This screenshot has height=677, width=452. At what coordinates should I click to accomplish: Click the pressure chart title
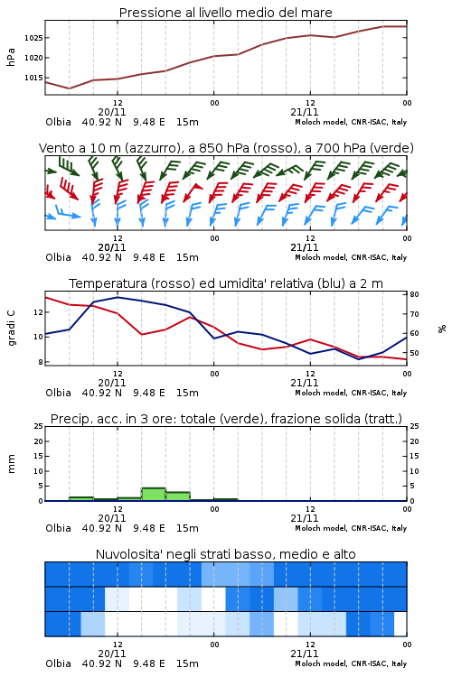[225, 13]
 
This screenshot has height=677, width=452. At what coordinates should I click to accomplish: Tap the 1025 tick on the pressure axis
[33, 38]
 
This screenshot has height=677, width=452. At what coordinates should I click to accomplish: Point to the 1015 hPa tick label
[33, 78]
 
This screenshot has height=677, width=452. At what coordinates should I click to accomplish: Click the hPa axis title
[11, 57]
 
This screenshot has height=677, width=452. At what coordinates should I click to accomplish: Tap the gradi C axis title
[11, 329]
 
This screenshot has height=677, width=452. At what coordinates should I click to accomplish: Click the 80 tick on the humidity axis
[414, 294]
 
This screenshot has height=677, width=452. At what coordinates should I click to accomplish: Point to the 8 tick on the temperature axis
[40, 362]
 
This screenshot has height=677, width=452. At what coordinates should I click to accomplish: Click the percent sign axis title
[442, 329]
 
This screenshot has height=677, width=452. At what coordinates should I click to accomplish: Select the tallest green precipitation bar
[154, 495]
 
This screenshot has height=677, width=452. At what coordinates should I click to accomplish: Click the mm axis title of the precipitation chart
[11, 464]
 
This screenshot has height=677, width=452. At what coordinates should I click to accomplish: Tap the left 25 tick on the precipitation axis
[39, 426]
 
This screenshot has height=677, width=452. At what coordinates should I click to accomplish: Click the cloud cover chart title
[225, 554]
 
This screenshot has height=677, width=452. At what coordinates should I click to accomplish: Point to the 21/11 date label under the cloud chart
[304, 654]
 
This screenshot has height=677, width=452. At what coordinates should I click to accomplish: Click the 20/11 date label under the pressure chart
[111, 112]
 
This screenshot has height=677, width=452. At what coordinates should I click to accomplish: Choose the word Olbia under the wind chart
[59, 257]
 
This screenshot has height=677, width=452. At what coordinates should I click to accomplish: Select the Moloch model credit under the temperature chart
[351, 393]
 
